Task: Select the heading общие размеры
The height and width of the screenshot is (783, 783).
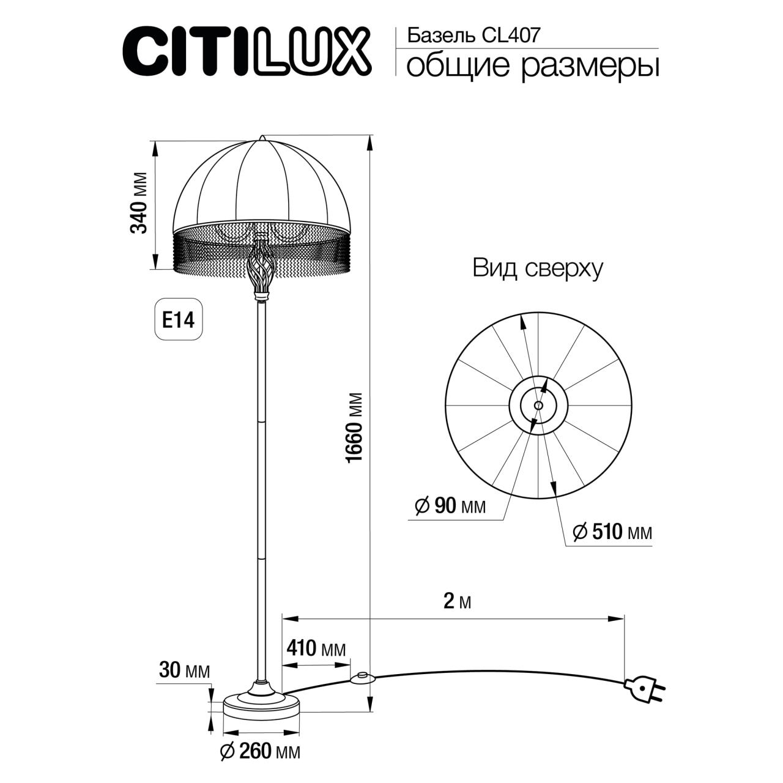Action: pyautogui.click(x=532, y=66)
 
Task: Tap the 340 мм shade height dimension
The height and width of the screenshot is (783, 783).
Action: pyautogui.click(x=139, y=203)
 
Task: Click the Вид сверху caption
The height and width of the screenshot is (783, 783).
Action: pyautogui.click(x=537, y=269)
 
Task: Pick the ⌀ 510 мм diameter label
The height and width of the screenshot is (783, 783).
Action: pyautogui.click(x=612, y=532)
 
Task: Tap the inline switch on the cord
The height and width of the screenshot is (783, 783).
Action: pyautogui.click(x=362, y=677)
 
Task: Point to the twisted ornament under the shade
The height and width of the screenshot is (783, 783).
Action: pyautogui.click(x=262, y=267)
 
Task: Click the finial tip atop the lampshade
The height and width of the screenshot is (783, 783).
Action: pyautogui.click(x=262, y=136)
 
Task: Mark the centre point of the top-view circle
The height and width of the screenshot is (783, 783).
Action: pyautogui.click(x=538, y=405)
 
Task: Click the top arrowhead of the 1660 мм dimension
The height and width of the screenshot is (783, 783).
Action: pyautogui.click(x=369, y=142)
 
